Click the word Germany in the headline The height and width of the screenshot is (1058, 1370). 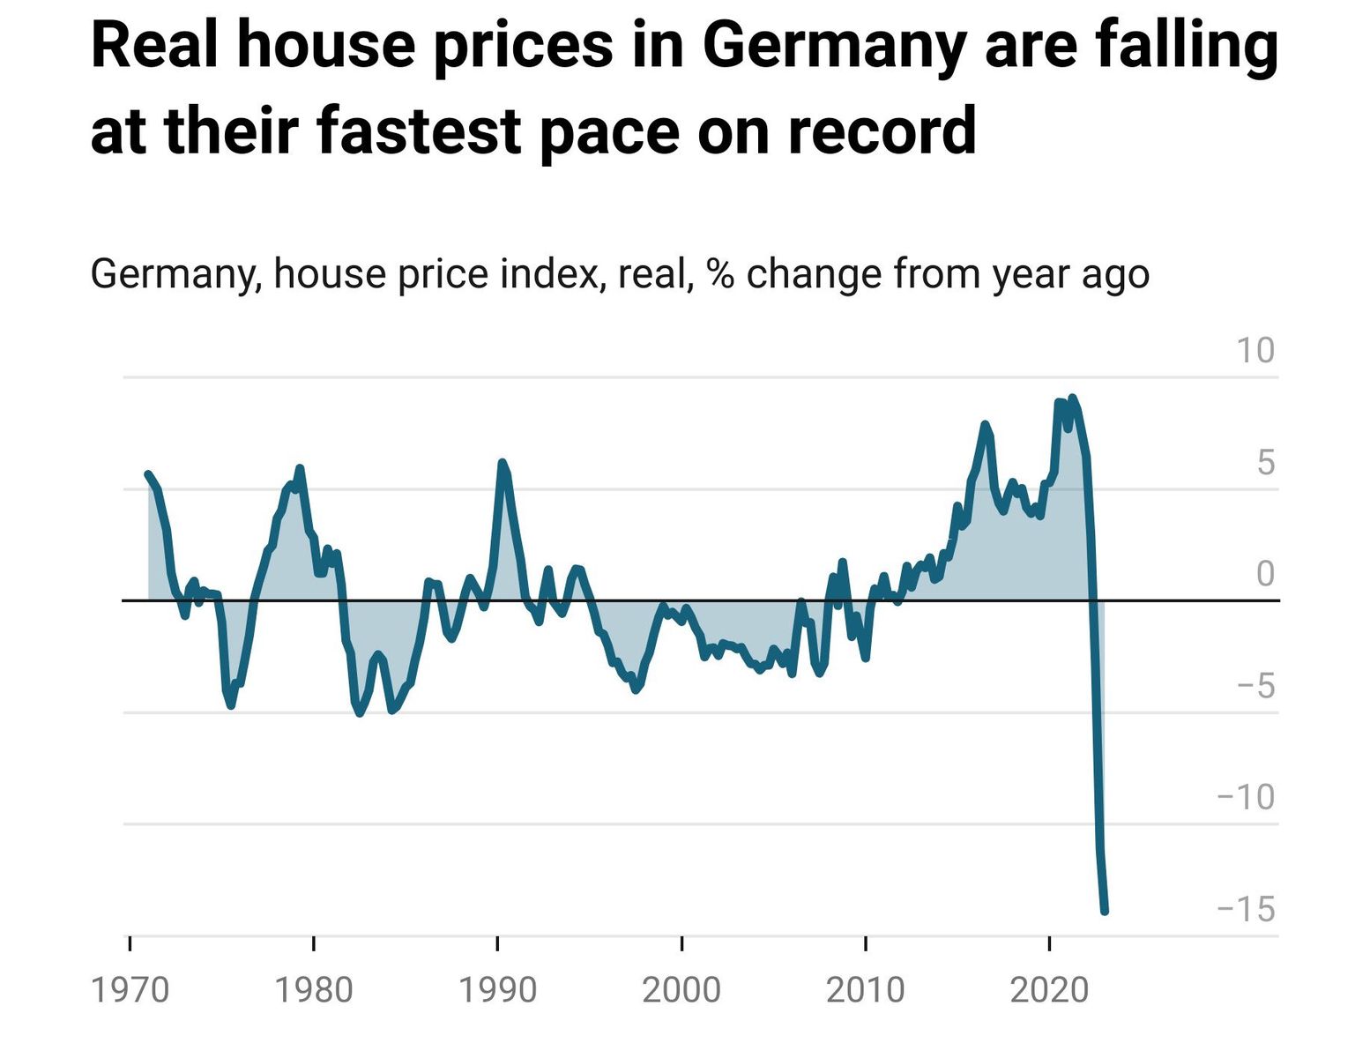tap(834, 46)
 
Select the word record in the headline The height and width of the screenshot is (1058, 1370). tap(881, 130)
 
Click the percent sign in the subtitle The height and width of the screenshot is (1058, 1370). tap(720, 273)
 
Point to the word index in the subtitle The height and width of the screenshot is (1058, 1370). tap(549, 273)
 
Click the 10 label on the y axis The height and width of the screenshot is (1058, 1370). tap(1255, 351)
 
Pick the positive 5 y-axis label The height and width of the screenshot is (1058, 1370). tap(1265, 462)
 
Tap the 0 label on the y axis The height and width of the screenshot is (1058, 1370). tap(1265, 574)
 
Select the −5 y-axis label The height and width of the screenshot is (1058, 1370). tap(1255, 686)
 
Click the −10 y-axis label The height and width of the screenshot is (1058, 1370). tap(1246, 797)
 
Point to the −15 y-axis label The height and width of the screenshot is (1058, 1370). tap(1246, 909)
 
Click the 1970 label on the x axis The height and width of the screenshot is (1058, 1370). tap(130, 990)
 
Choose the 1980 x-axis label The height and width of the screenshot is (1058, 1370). tap(313, 990)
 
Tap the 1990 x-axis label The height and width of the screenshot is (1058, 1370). tap(497, 990)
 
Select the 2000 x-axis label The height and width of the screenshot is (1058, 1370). tap(681, 990)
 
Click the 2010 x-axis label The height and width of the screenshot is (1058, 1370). tap(865, 990)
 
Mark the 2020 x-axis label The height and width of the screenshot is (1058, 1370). tap(1049, 990)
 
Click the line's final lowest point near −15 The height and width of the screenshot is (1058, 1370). tap(1104, 911)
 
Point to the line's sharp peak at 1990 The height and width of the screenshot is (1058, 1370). tap(503, 463)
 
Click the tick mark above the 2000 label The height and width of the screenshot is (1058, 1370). tap(681, 944)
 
